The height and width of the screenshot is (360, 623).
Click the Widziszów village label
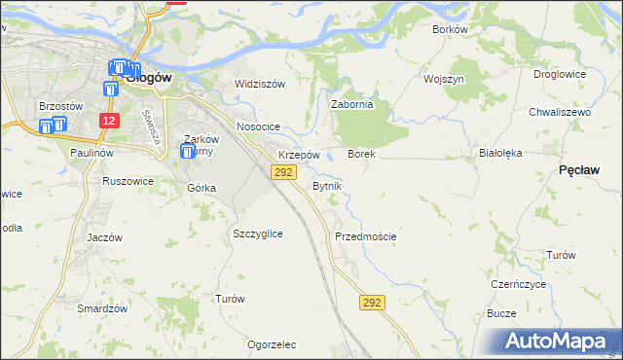(x=259, y=84)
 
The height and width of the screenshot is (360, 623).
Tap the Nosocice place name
(x=258, y=127)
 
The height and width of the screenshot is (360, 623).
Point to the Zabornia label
(x=352, y=105)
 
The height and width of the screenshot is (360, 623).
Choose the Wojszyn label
(x=443, y=78)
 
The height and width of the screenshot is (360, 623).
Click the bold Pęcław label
(x=579, y=169)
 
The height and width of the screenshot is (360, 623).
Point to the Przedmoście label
(x=365, y=236)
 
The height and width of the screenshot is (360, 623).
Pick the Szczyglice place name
(x=258, y=234)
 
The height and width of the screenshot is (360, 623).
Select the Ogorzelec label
(x=272, y=344)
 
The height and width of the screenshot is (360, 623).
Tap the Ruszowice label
(x=128, y=180)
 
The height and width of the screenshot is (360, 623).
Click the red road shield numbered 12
(x=109, y=121)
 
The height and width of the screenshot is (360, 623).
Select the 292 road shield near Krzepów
(x=282, y=172)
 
